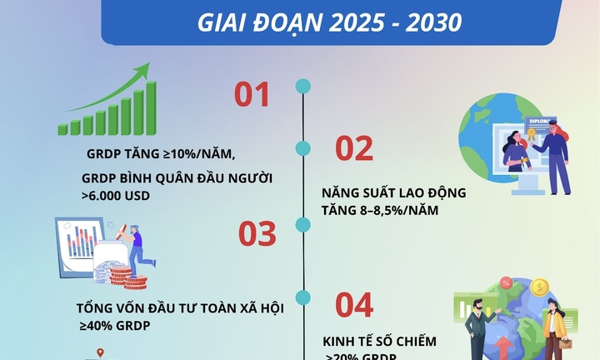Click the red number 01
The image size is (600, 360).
[252, 95]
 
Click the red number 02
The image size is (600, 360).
[353, 148]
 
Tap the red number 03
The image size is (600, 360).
[257, 235]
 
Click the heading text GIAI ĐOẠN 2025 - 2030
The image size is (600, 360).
[329, 22]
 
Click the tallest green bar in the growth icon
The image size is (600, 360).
[151, 107]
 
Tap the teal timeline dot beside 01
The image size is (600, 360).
[303, 86]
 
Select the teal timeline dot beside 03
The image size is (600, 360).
[303, 223]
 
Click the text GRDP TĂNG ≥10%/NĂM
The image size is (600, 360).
[161, 154]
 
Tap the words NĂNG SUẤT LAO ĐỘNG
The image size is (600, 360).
[393, 192]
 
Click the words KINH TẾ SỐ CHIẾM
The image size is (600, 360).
[379, 342]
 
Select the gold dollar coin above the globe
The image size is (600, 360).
[539, 288]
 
